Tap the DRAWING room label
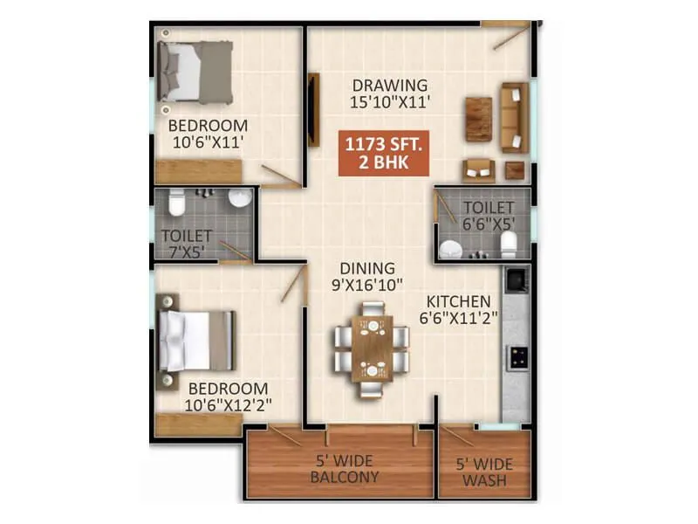390,86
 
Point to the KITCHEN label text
458,301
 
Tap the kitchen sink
517,281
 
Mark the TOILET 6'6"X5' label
489,215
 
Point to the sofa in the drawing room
515,118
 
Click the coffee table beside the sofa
478,118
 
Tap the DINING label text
367,268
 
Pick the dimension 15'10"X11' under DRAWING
390,103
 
